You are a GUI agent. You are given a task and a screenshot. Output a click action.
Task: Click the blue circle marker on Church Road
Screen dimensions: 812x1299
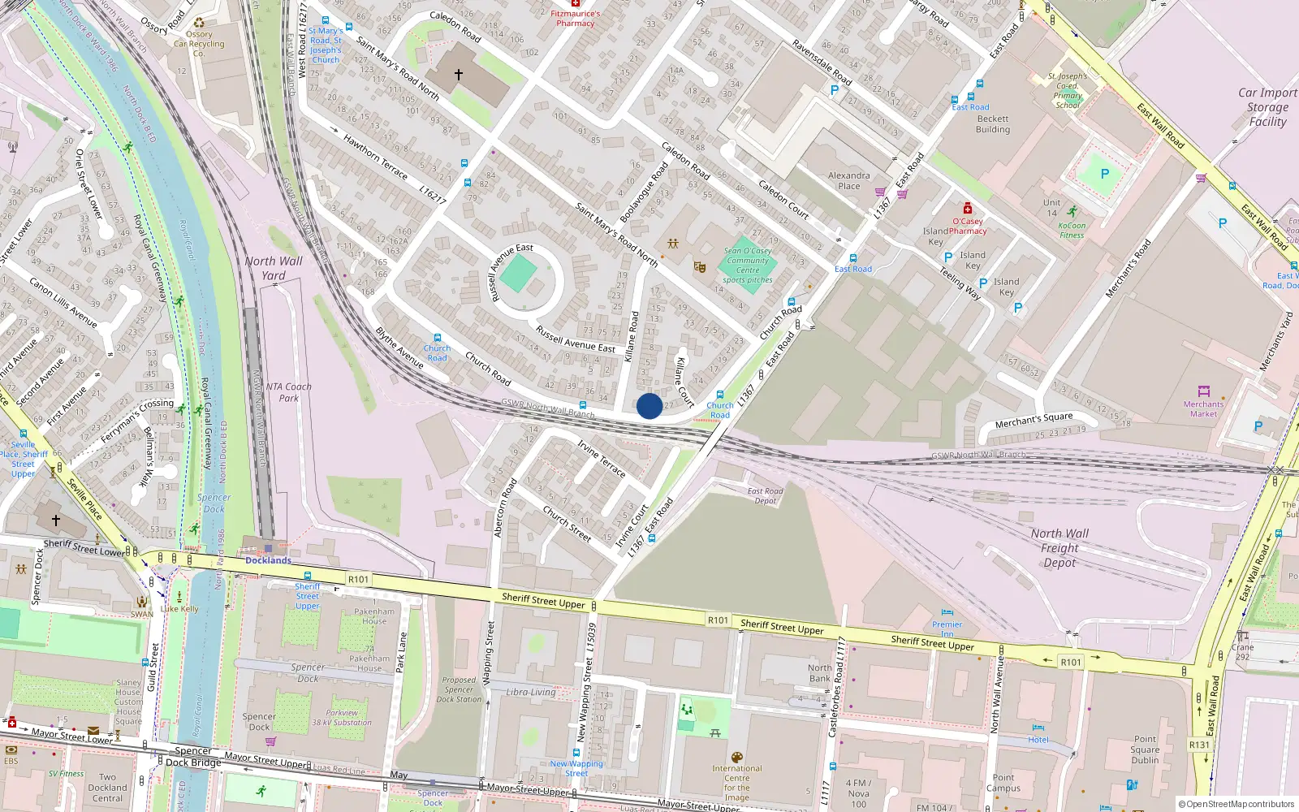coord(649,406)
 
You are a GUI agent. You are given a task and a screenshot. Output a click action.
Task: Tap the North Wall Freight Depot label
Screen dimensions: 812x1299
coord(1059,548)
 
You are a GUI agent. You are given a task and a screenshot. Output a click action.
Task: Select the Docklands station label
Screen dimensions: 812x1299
coord(268,560)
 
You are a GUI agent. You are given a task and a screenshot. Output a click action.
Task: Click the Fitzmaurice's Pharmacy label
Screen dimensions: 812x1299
coord(576,19)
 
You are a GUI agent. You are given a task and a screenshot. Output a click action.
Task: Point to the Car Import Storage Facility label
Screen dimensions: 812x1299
coord(1267,107)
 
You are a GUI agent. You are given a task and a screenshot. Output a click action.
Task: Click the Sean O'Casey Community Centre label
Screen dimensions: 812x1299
coord(748,265)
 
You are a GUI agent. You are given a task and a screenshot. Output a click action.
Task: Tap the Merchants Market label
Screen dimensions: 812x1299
coord(1203,408)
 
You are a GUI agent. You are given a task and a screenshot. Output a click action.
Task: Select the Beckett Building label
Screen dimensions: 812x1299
coord(993,124)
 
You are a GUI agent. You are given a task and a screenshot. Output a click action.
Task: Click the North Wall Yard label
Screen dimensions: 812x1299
coord(274,268)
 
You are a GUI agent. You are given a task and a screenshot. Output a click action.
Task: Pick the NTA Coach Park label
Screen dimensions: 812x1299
coord(288,392)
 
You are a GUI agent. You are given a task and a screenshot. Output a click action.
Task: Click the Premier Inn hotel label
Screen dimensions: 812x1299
coord(947,628)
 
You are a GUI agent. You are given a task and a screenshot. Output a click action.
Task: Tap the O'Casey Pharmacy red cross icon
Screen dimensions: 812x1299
coord(967,209)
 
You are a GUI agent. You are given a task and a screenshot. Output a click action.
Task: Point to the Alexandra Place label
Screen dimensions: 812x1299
coord(848,180)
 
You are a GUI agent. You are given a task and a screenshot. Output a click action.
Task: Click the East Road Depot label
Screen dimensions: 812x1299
coord(765,495)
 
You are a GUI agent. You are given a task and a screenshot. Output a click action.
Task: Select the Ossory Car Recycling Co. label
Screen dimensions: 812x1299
coord(199,44)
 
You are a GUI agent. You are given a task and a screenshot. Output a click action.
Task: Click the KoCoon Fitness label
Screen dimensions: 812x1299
coord(1072,231)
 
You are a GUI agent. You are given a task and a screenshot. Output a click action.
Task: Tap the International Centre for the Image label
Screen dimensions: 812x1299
coord(737,783)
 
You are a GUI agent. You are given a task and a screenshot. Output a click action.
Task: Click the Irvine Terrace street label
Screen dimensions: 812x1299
coord(601,460)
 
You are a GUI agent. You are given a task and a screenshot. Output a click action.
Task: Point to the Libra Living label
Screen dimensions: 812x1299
coord(530,692)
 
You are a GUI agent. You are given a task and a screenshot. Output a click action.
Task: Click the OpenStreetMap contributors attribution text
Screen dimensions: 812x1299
coord(1236,804)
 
